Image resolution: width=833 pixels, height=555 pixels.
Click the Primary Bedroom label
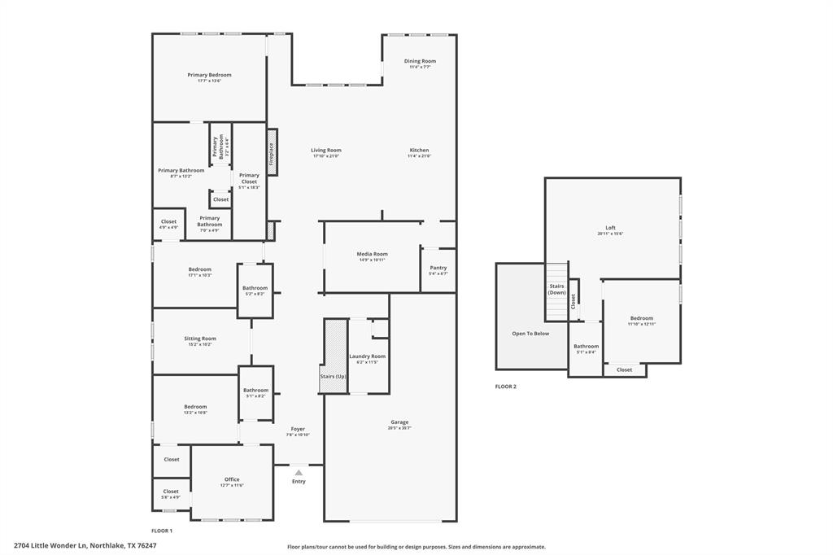click(209, 75)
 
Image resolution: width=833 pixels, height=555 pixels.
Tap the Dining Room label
click(421, 61)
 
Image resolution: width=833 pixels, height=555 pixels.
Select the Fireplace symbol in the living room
click(273, 151)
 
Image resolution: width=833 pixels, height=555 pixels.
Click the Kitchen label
click(419, 151)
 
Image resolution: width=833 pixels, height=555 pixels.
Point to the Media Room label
click(372, 254)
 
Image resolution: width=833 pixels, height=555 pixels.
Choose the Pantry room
click(438, 269)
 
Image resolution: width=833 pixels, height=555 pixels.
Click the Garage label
click(399, 422)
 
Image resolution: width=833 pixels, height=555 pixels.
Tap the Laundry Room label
click(368, 356)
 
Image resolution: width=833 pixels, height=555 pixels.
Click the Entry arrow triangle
click(299, 472)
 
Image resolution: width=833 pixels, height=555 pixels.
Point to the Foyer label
click(298, 429)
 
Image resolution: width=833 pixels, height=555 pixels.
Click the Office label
click(232, 479)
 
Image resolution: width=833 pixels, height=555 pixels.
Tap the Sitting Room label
click(200, 339)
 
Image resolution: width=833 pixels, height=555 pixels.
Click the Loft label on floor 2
click(610, 228)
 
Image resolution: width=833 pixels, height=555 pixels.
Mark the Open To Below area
click(530, 333)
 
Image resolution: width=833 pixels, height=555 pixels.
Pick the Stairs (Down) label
click(556, 289)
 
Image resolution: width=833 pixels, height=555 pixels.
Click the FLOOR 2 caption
click(506, 387)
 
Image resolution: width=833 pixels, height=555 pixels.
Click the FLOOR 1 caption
click(162, 531)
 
